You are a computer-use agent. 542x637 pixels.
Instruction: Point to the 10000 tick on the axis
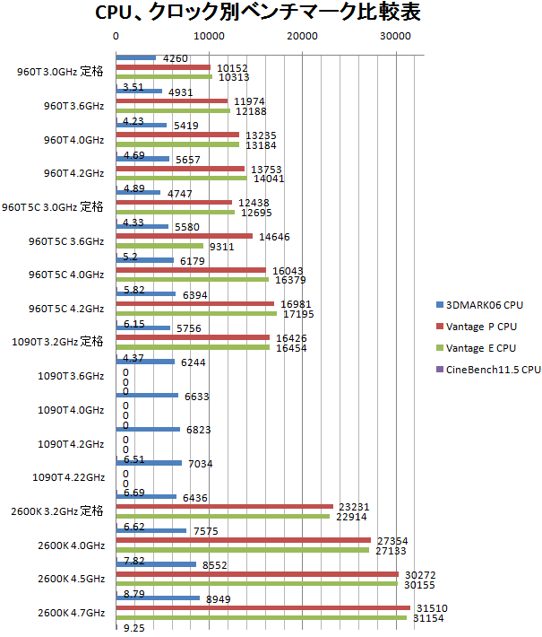pyautogui.click(x=209, y=36)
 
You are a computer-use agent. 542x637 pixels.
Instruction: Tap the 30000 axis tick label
pyautogui.click(x=396, y=36)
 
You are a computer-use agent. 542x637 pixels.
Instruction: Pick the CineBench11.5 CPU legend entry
pyautogui.click(x=489, y=369)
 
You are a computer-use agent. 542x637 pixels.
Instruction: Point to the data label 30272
pyautogui.click(x=419, y=574)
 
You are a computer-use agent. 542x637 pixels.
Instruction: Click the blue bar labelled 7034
pyautogui.click(x=149, y=463)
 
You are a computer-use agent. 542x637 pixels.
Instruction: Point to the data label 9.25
pyautogui.click(x=135, y=629)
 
